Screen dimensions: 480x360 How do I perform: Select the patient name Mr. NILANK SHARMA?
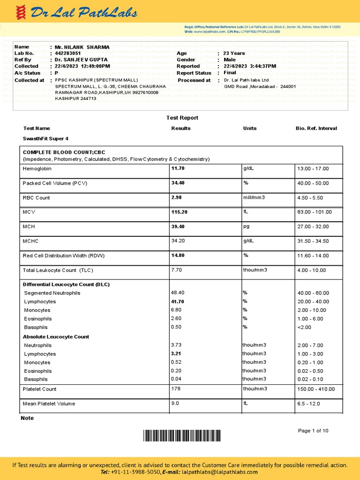pos(82,47)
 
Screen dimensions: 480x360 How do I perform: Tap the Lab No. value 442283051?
pos(67,53)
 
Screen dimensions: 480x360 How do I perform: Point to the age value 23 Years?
pos(234,53)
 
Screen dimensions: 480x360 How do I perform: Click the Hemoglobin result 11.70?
pos(178,168)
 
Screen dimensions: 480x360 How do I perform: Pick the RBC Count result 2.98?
pos(177,197)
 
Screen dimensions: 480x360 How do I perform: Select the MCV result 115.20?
pos(180,212)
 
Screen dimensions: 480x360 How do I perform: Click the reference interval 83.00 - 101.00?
pos(315,212)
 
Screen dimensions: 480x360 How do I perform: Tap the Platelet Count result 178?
pos(176,389)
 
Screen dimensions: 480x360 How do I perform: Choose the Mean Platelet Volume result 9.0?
pos(175,403)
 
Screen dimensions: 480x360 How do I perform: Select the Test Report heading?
pos(182,118)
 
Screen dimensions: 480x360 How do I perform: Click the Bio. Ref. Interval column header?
pos(316,128)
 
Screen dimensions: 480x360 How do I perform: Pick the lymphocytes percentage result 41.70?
pos(178,301)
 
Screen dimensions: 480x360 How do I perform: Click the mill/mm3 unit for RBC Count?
pos(254,197)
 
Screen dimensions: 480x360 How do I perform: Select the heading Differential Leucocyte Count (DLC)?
pos(66,284)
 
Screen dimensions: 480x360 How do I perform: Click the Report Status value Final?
pos(230,73)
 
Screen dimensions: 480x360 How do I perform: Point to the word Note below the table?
pos(27,418)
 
